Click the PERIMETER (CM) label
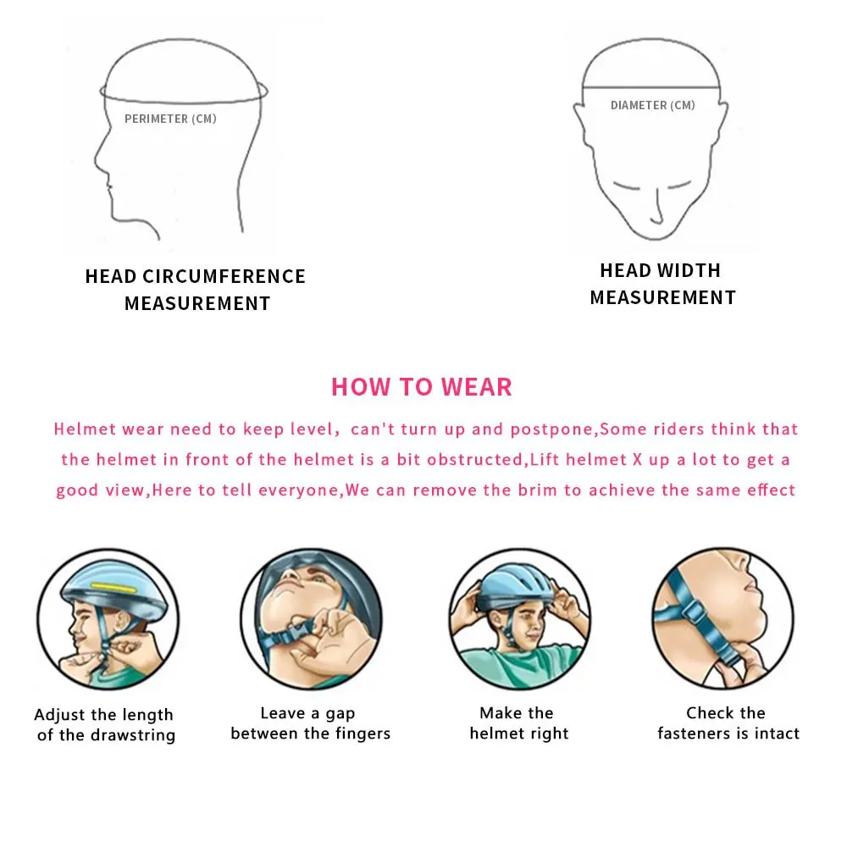click(170, 119)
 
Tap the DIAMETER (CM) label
click(652, 105)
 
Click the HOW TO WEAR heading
click(421, 387)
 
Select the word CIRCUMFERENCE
click(224, 276)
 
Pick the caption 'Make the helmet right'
click(518, 722)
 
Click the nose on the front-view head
click(657, 208)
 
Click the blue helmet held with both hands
click(517, 590)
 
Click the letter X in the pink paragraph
click(638, 460)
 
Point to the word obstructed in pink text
click(475, 460)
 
